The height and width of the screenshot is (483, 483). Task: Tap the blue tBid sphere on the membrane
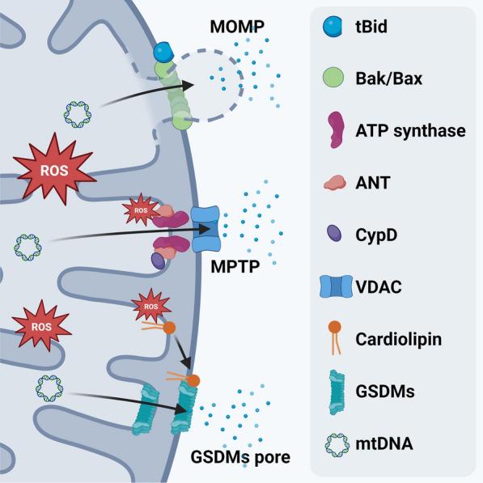point(163,53)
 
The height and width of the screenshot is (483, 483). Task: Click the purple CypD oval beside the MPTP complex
point(158,260)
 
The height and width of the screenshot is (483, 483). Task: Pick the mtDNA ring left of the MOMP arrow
point(78,115)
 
